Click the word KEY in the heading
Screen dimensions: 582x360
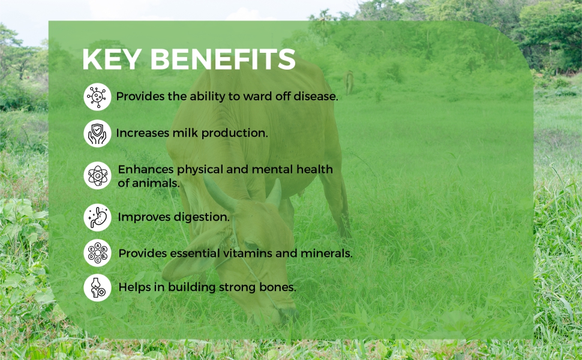[x=112, y=59]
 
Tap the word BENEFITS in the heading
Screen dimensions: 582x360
[x=223, y=59]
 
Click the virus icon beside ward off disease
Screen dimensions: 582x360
[x=97, y=97]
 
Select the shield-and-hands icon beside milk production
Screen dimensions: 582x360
[x=97, y=133]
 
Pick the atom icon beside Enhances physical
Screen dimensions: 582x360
[x=97, y=176]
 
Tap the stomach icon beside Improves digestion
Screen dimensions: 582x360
[x=97, y=217]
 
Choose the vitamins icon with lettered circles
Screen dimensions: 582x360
[x=97, y=253]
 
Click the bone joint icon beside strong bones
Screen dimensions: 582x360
[x=97, y=287]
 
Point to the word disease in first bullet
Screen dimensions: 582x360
[x=316, y=97]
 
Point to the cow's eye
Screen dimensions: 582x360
[x=251, y=245]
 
